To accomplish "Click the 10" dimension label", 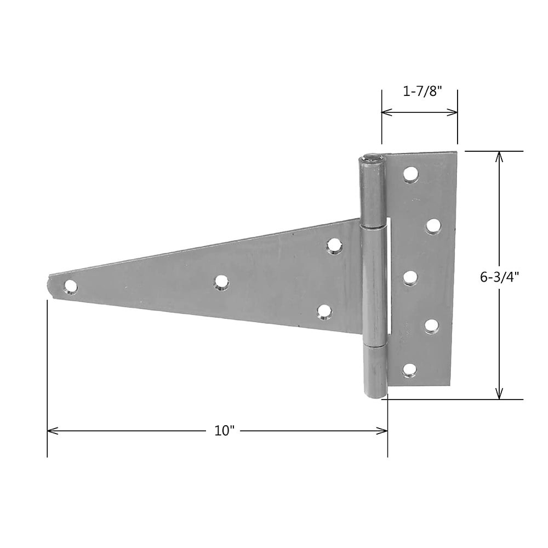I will tap(224, 431).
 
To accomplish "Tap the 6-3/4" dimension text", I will tap(500, 277).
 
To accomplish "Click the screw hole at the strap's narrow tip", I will tap(70, 286).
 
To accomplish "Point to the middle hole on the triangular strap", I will tap(221, 282).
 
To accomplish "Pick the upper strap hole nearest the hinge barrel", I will tap(333, 246).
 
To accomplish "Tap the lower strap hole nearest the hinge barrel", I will tap(325, 312).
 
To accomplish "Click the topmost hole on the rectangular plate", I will tap(410, 174).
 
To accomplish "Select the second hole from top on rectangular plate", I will tap(433, 225).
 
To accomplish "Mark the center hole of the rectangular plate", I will tap(410, 277).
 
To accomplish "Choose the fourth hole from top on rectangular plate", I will tap(432, 326).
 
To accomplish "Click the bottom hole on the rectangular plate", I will tap(409, 370).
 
